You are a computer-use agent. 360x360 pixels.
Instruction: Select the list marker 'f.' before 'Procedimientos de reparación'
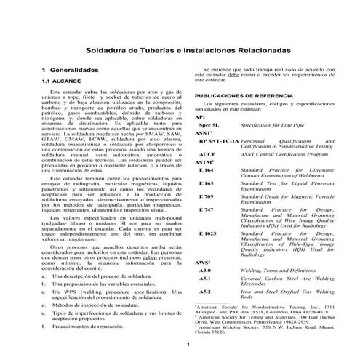[44, 327]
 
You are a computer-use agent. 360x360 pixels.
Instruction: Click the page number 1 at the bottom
[188, 344]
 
